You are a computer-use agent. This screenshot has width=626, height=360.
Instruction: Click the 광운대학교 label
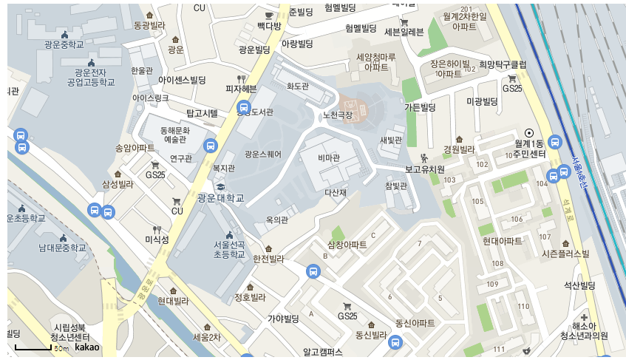(x=221, y=198)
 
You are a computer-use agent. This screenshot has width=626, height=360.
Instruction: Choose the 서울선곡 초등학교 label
(x=229, y=250)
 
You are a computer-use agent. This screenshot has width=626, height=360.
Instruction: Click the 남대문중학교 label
(x=63, y=248)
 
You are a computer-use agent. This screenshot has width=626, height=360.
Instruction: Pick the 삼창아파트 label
(x=347, y=244)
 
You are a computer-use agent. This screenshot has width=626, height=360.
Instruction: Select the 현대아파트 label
(x=503, y=241)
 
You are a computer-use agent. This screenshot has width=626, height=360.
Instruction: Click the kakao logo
(x=87, y=347)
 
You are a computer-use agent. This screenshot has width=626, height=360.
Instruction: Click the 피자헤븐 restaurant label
(x=241, y=89)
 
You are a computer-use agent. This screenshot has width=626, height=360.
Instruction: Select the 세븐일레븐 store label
(x=404, y=32)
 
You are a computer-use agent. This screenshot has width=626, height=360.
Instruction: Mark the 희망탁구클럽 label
(x=503, y=65)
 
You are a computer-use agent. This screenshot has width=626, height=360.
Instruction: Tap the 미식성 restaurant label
(x=157, y=240)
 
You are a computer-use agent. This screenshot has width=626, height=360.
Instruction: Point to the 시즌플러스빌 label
(x=565, y=254)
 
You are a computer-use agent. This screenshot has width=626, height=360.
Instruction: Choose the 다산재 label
(x=336, y=193)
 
